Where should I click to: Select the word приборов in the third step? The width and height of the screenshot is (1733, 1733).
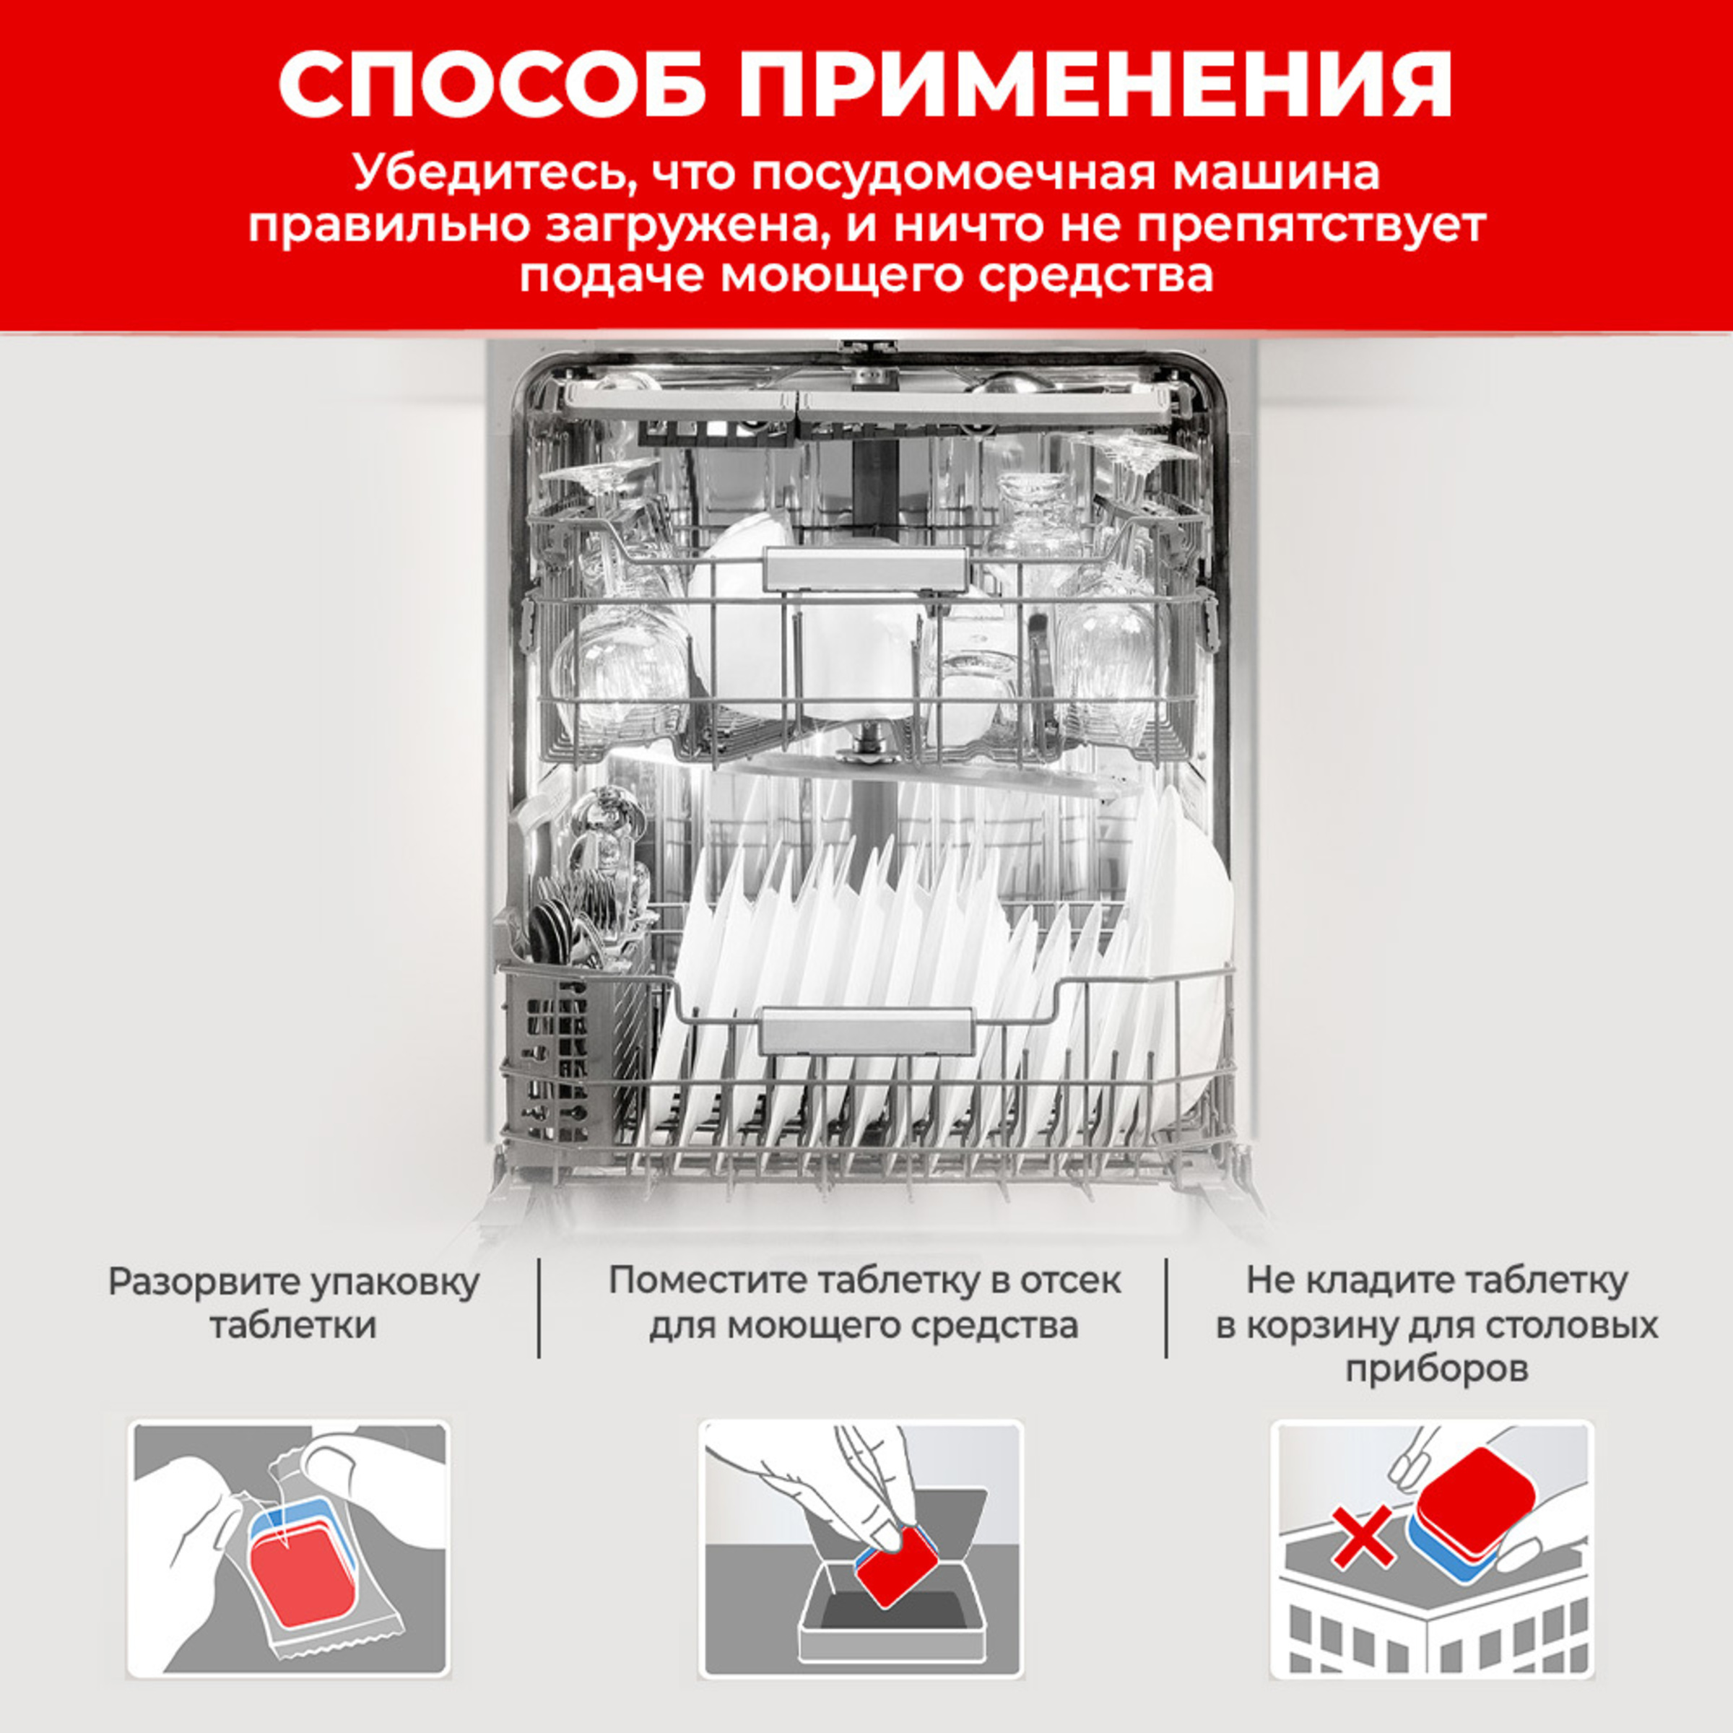pyautogui.click(x=1436, y=1370)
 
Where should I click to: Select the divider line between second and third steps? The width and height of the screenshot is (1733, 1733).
pyautogui.click(x=1166, y=1308)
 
